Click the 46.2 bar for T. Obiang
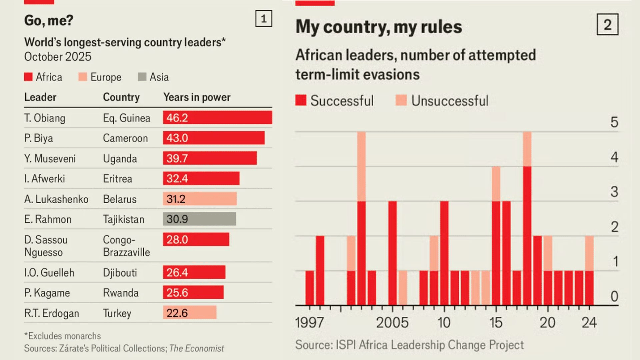pyautogui.click(x=217, y=118)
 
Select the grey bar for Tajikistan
pyautogui.click(x=199, y=219)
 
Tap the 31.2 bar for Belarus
pyautogui.click(x=200, y=199)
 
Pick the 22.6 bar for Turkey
pyautogui.click(x=189, y=313)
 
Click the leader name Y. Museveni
pyautogui.click(x=50, y=158)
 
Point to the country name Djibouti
pyautogui.click(x=120, y=273)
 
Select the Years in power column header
pyautogui.click(x=197, y=97)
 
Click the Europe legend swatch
pyautogui.click(x=83, y=77)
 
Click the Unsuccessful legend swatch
pyautogui.click(x=401, y=100)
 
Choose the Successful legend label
pyautogui.click(x=342, y=101)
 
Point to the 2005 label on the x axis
pyautogui.click(x=392, y=322)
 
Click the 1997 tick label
pyautogui.click(x=309, y=322)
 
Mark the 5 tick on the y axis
pyautogui.click(x=614, y=122)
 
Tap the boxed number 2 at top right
pyautogui.click(x=607, y=25)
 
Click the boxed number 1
pyautogui.click(x=264, y=19)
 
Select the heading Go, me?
pyautogui.click(x=49, y=20)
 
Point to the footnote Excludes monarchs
pyautogui.click(x=62, y=336)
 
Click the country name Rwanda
pyautogui.click(x=121, y=293)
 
